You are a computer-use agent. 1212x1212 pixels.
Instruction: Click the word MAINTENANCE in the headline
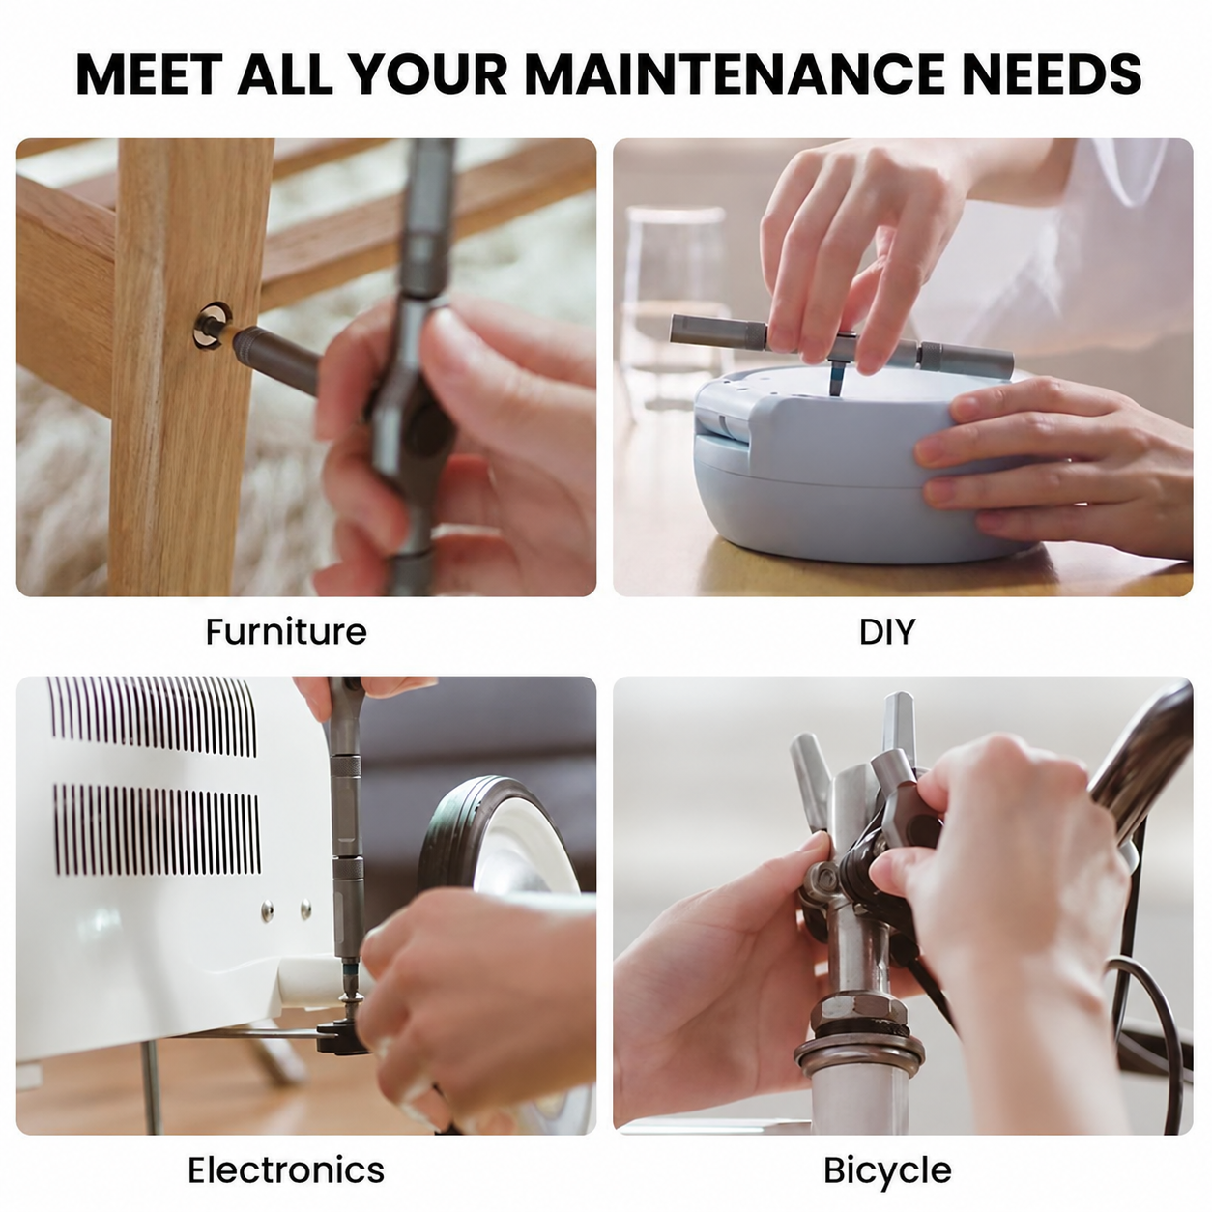(x=735, y=74)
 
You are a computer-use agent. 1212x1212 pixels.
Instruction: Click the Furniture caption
(x=286, y=631)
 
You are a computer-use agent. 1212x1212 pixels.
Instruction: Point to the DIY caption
(x=887, y=631)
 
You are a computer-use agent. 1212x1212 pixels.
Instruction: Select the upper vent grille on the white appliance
(x=154, y=716)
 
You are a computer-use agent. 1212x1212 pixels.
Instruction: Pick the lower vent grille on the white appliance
(x=158, y=829)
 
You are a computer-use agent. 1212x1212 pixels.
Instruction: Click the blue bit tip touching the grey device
(x=835, y=377)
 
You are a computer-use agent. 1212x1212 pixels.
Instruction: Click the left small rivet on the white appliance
(x=268, y=909)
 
